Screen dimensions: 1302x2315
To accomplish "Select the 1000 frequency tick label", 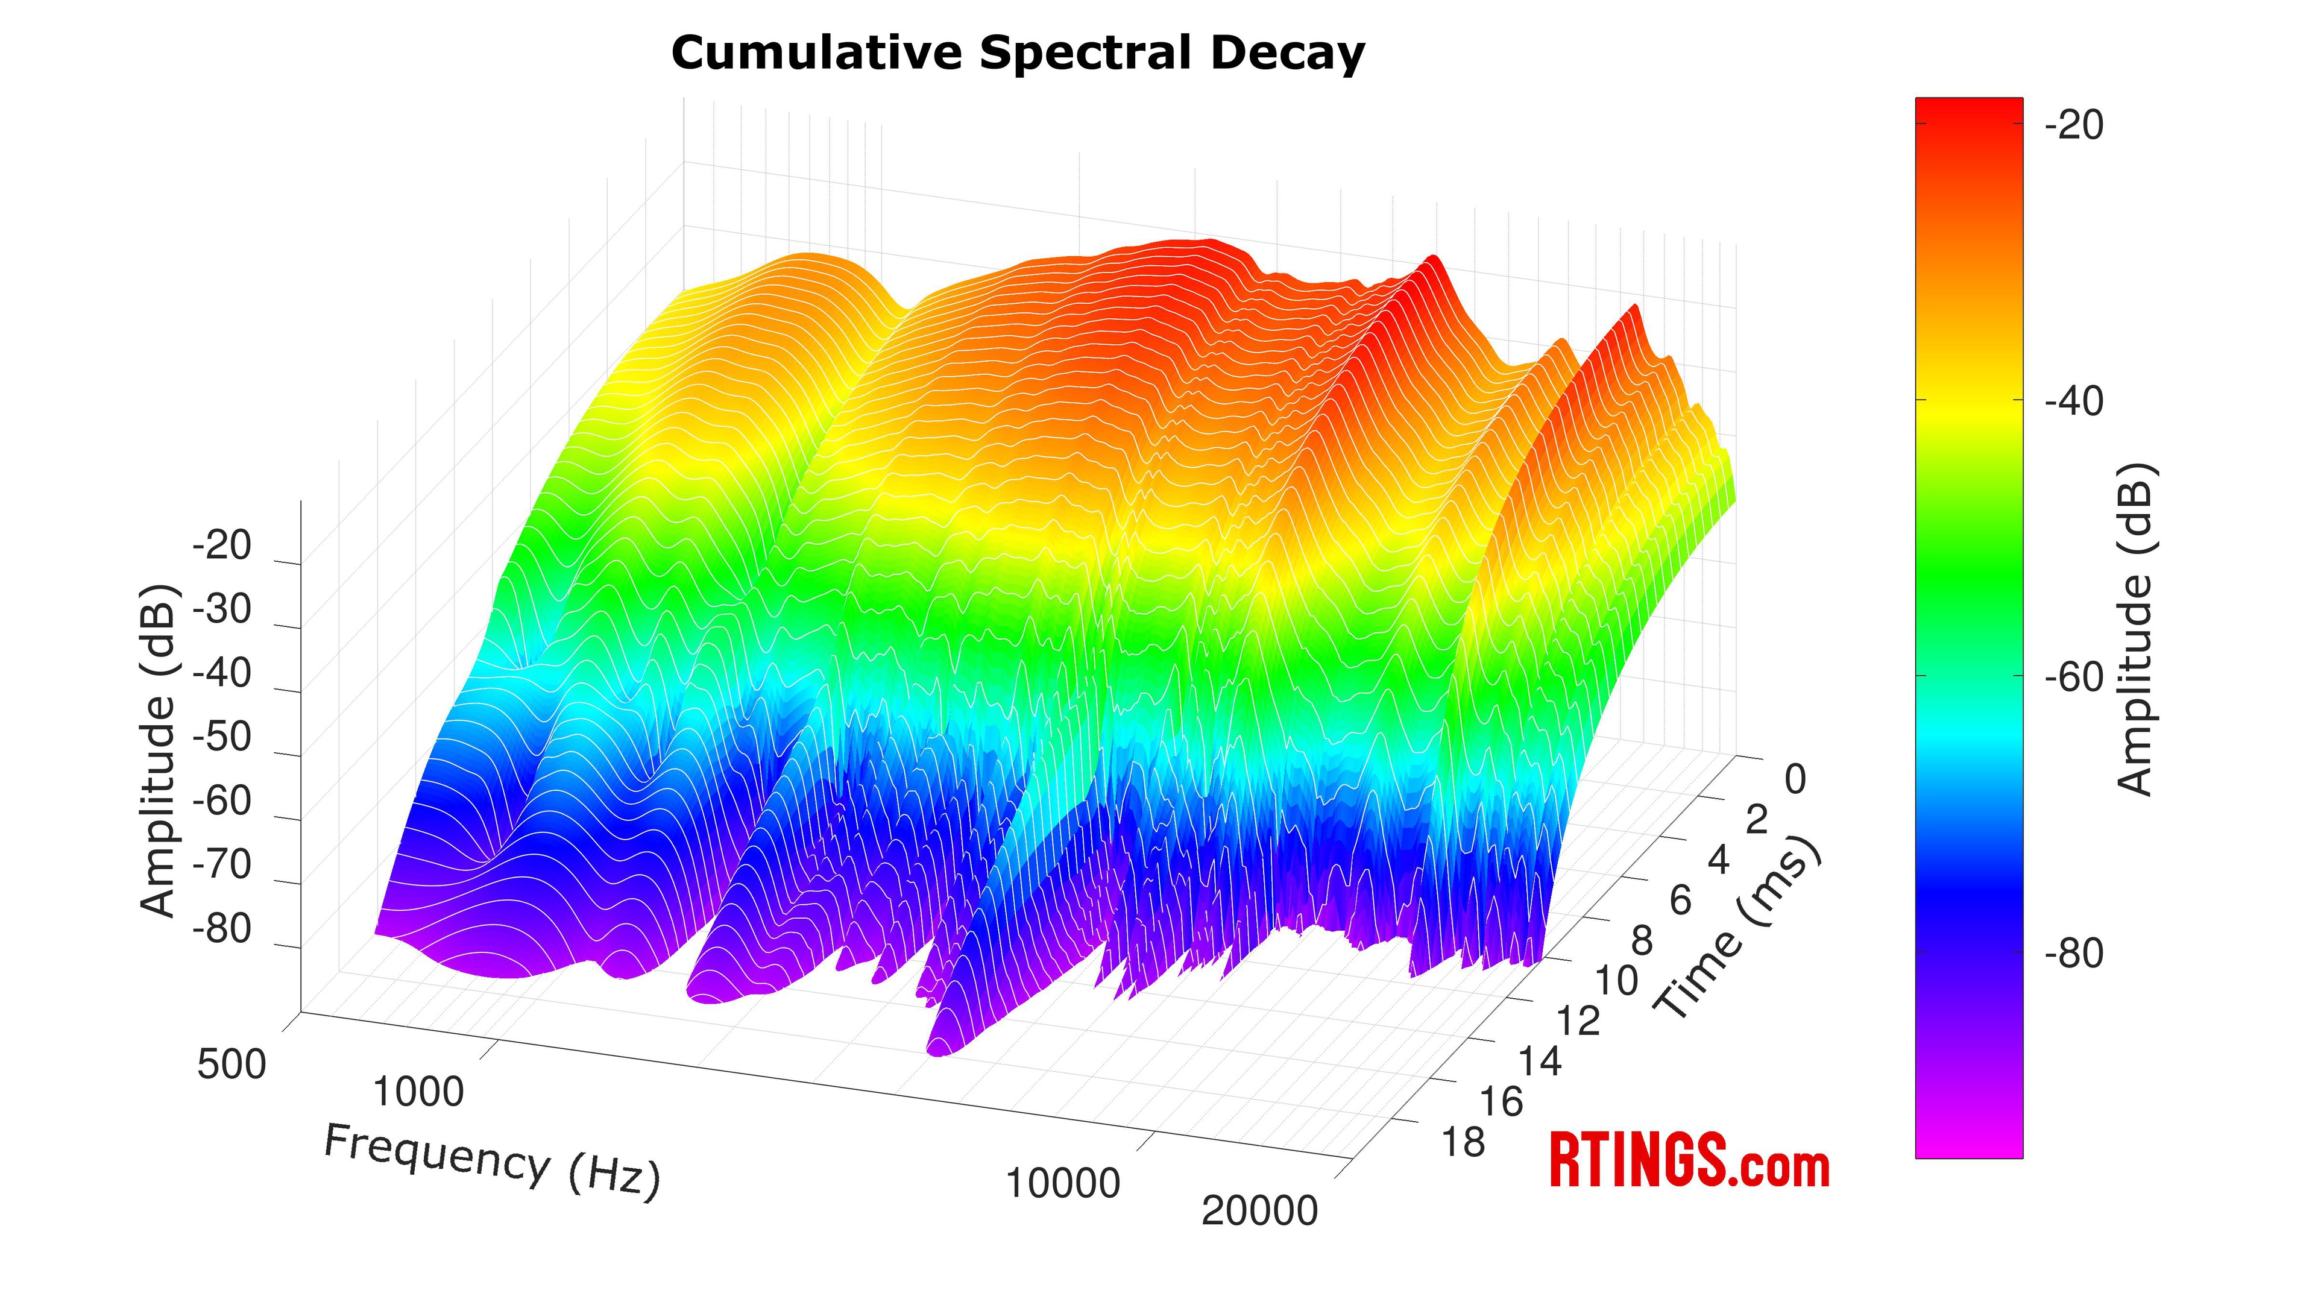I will [418, 1092].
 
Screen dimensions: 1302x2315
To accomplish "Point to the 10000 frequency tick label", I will [1063, 1183].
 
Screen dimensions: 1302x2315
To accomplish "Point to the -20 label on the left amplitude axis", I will [222, 546].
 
